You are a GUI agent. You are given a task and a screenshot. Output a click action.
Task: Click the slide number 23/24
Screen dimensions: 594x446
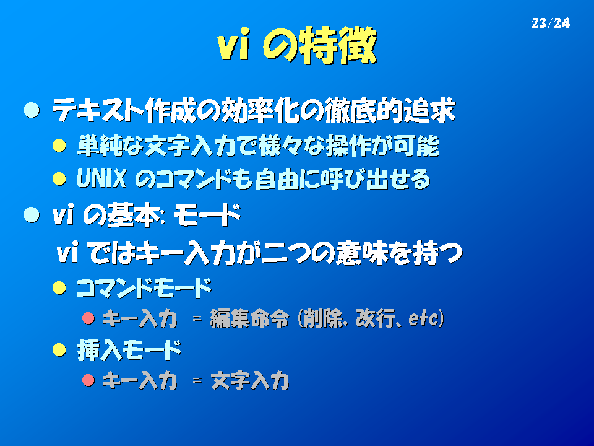551,24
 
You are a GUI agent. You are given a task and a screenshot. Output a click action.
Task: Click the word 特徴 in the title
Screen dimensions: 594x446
338,45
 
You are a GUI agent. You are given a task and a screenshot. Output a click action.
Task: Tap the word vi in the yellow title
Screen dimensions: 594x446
234,45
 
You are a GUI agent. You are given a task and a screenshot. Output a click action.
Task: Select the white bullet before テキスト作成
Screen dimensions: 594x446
32,110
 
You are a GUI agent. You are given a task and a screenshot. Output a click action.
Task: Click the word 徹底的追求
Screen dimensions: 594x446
390,110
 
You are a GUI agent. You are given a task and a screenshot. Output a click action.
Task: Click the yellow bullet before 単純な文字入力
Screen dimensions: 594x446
59,145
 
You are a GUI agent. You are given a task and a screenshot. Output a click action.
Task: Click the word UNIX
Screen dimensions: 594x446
101,178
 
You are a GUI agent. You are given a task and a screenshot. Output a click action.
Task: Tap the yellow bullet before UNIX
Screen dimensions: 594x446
59,178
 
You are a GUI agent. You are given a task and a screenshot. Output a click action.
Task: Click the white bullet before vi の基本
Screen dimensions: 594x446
32,215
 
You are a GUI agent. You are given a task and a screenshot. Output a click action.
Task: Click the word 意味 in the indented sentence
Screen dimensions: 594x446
361,252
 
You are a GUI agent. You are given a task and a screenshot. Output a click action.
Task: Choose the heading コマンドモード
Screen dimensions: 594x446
144,288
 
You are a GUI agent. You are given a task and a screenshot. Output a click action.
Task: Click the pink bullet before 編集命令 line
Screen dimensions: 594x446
88,318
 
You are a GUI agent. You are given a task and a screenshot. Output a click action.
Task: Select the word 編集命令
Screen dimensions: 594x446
249,318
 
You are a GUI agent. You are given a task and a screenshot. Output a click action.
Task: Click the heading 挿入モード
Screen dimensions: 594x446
129,349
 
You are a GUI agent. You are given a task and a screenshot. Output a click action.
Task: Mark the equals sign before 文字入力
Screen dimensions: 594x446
197,380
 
